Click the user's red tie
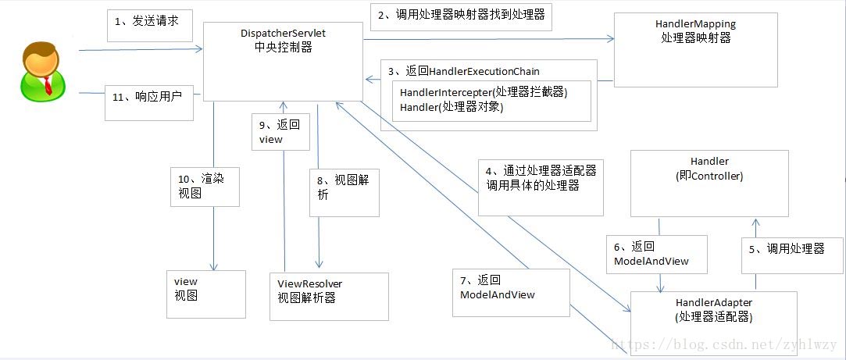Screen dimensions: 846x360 coord(48,85)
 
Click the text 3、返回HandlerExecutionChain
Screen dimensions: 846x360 coord(463,71)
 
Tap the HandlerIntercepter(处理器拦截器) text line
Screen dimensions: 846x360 coord(484,92)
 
